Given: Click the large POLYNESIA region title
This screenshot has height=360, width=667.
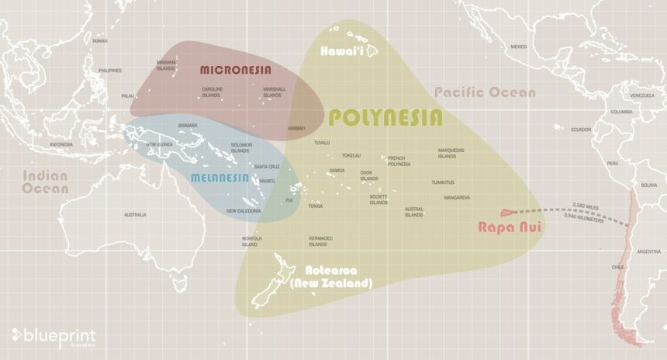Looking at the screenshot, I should [385, 118].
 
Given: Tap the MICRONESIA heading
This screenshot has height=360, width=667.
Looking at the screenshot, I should [236, 70].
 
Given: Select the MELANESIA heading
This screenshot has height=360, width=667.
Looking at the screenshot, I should [220, 178].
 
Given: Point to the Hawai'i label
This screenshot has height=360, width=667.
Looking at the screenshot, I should [349, 51].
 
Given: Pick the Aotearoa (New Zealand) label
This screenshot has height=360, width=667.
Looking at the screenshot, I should [339, 276].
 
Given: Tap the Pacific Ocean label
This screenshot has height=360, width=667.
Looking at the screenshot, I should [484, 93].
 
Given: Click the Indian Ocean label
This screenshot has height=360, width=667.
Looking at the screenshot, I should [45, 182].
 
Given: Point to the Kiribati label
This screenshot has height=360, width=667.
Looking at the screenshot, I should [296, 128].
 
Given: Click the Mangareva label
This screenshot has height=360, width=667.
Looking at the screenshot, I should [457, 198].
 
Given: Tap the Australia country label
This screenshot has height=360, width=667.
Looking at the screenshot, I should [135, 214].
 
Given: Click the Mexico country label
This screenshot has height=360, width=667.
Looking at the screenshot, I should [519, 47].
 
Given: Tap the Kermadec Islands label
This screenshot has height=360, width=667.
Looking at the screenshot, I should [320, 241].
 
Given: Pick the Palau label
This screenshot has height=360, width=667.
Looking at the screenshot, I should [127, 96].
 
